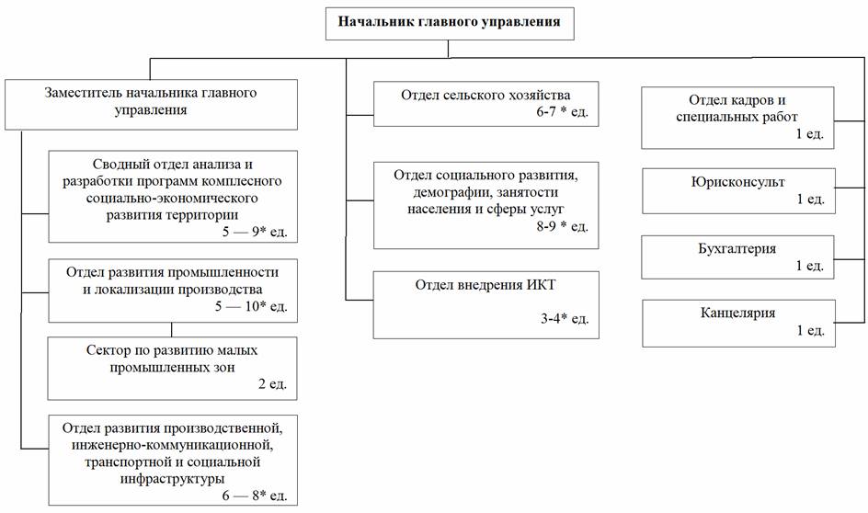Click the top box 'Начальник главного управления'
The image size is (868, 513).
tap(448, 20)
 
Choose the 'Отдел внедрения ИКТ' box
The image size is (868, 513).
tap(485, 302)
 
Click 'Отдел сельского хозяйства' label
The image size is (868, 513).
tap(485, 95)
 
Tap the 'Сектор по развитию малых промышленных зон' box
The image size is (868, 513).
tap(173, 368)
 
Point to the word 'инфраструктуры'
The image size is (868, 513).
tap(171, 478)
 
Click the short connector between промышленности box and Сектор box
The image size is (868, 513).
tap(172, 329)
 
